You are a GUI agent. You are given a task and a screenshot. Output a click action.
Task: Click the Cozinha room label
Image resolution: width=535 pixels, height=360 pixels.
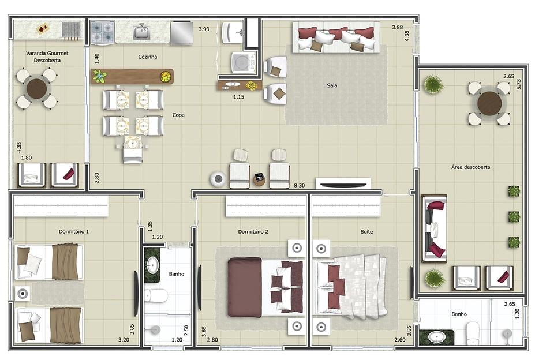pos(147,57)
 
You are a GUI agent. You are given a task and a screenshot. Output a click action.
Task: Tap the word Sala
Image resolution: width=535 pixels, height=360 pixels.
pos(332,85)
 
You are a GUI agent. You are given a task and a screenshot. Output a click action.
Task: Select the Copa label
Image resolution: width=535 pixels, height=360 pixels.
pos(178,115)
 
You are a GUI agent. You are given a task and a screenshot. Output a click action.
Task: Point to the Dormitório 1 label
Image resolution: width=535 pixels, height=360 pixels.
pos(74,231)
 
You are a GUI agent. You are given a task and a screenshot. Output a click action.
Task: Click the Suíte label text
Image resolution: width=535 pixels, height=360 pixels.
pos(366,231)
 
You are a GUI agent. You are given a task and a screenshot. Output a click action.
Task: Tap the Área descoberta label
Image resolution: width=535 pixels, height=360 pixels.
pos(470,167)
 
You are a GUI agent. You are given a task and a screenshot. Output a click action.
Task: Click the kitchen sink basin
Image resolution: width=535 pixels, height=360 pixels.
pos(141,32)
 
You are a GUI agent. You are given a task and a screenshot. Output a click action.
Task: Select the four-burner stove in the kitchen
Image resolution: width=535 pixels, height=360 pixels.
pos(102,32)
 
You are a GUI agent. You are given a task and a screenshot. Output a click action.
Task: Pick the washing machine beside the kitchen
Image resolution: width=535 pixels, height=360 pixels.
pos(243,62)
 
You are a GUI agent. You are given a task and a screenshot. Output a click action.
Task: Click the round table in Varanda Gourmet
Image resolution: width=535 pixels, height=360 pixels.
pos(36,89)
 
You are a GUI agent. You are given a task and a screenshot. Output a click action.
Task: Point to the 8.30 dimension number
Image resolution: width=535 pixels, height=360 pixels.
pos(299,185)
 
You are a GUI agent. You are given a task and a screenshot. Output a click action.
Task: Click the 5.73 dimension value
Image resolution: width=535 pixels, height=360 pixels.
pos(519,84)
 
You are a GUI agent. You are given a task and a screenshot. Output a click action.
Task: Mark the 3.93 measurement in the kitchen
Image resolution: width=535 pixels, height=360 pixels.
pos(204,29)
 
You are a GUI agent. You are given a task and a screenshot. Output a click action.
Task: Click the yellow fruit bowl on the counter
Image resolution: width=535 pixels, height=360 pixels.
pos(166,76)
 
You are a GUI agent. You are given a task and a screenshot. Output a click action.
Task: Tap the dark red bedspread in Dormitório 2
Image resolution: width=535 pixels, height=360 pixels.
pos(245,287)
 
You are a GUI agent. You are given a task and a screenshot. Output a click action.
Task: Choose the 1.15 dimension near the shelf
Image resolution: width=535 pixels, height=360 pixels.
pos(238,97)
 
